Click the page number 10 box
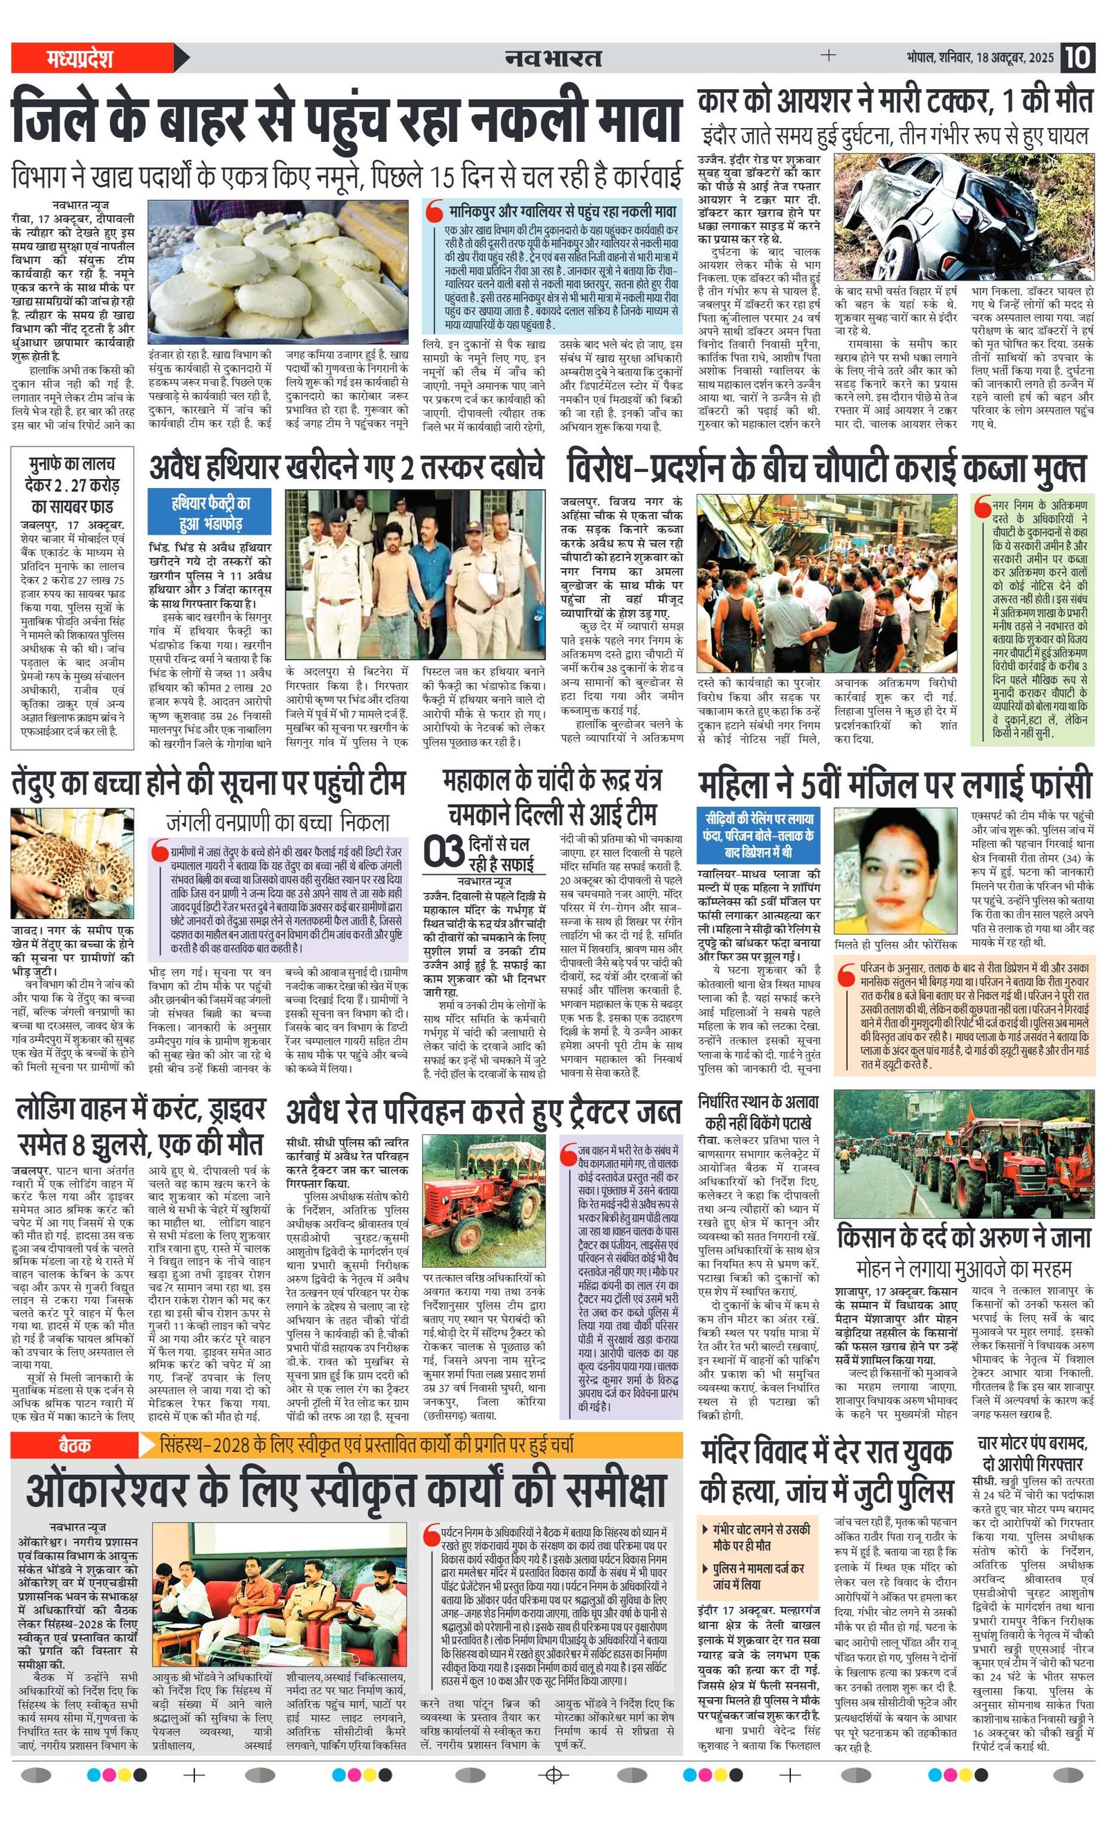(x=1077, y=57)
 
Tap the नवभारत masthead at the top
(x=553, y=58)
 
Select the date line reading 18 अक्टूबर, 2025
(x=979, y=58)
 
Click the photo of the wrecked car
(x=964, y=216)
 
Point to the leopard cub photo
(x=72, y=863)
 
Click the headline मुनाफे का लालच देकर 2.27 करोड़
(x=72, y=485)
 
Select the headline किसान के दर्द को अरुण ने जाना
(x=964, y=1238)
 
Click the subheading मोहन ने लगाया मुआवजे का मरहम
(x=964, y=1267)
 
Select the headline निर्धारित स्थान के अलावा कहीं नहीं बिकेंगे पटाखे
(x=758, y=1112)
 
